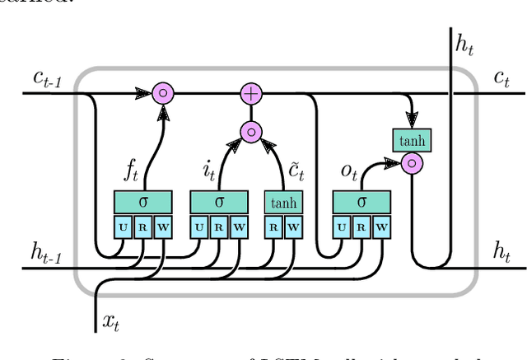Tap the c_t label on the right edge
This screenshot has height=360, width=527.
point(500,79)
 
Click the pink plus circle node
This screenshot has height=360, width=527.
point(251,93)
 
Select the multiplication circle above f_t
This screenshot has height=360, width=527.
point(163,93)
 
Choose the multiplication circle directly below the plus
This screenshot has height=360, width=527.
point(251,131)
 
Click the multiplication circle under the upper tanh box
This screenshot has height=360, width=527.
point(412,163)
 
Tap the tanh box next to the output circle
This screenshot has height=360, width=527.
point(412,140)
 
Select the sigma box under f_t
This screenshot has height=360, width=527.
point(142,202)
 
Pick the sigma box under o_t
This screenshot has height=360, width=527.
point(361,202)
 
